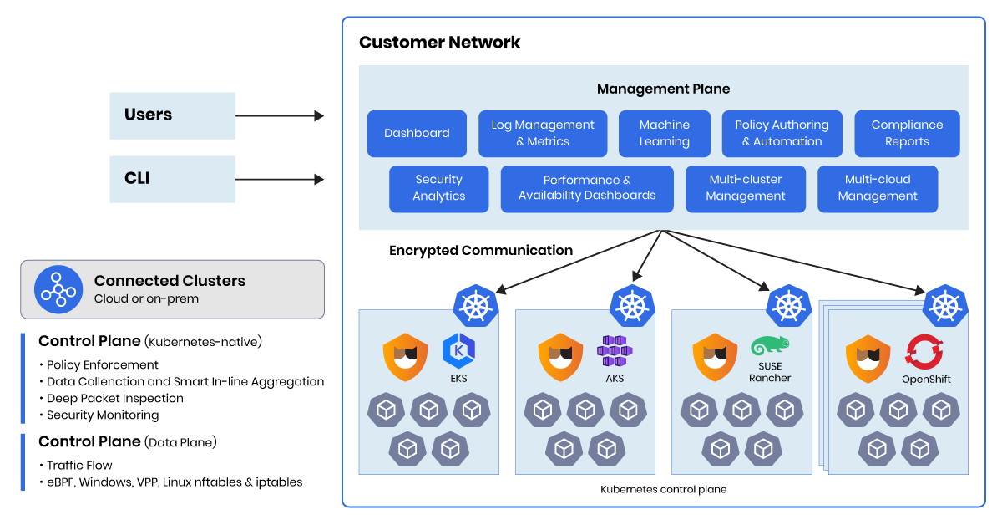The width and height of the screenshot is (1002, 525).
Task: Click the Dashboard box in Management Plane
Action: coord(417,134)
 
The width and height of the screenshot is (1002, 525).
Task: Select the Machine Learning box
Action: coord(664,134)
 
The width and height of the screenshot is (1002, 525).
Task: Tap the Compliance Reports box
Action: coord(907,134)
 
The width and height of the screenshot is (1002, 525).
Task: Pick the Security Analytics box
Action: coord(438,188)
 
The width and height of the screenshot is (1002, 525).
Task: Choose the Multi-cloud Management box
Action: coord(878,188)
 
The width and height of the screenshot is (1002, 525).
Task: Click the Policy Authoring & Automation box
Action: coord(782,134)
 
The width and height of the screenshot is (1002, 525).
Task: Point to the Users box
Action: coord(172,115)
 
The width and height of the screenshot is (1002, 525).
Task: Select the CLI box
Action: coord(172,179)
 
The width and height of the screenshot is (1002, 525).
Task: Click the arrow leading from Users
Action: coord(279,116)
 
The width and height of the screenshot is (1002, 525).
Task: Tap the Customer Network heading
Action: coord(439,43)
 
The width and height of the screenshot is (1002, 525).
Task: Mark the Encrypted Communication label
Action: coord(481,250)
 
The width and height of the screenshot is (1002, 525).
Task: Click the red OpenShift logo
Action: coord(925,351)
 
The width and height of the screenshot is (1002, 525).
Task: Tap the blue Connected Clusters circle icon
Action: coord(58,289)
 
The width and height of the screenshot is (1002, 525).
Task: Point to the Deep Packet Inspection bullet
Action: coord(114,398)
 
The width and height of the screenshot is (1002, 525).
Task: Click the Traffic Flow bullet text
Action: coord(79,465)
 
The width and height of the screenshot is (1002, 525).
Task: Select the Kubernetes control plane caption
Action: coord(663,489)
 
